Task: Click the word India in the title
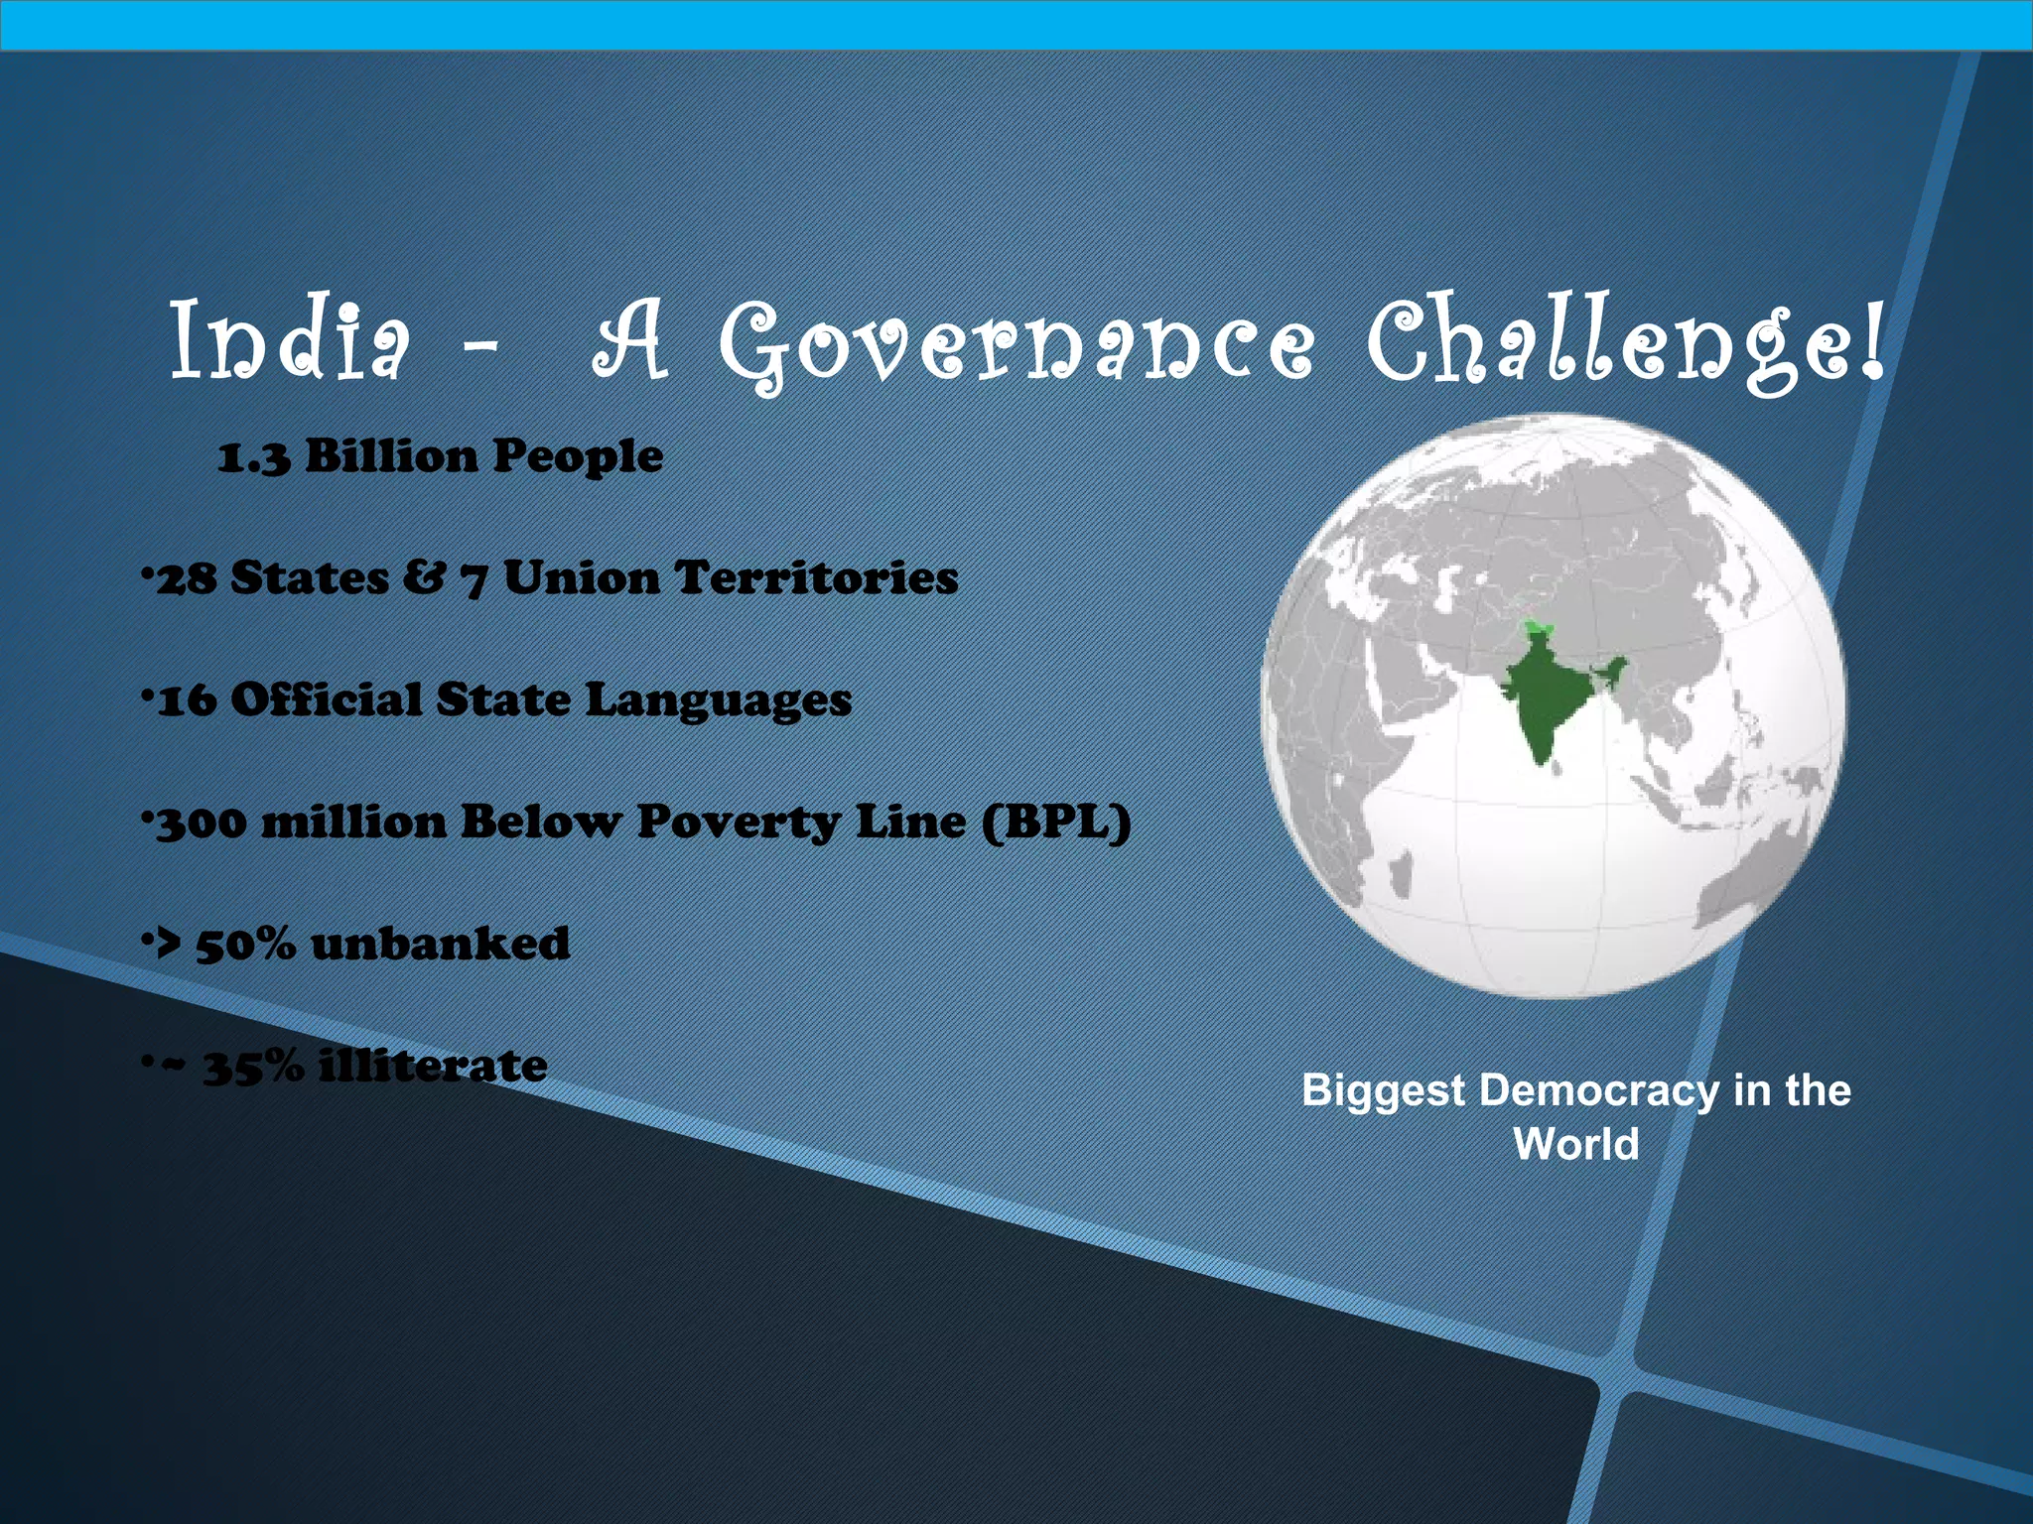click(x=289, y=340)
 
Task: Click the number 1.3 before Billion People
click(x=254, y=458)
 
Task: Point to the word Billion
click(x=392, y=456)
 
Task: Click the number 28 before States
click(x=187, y=579)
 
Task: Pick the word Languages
click(x=718, y=701)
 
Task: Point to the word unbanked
click(x=440, y=945)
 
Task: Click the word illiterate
click(x=433, y=1067)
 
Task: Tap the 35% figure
click(x=253, y=1067)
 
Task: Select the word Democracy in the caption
click(x=1598, y=1090)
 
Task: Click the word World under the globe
click(x=1575, y=1144)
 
